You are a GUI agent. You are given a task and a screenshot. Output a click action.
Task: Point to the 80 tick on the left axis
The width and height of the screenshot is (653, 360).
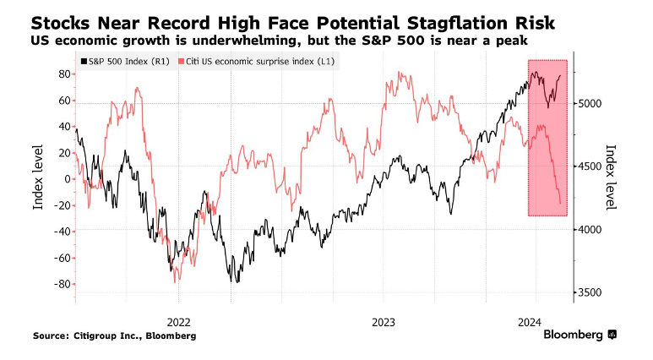coord(62,74)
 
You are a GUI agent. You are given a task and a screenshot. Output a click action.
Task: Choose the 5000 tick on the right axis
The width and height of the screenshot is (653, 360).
coord(589,103)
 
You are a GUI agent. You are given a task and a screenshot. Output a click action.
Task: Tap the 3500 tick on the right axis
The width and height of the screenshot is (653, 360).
coord(589,292)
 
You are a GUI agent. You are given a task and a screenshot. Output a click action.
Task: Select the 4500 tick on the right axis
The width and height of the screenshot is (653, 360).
coord(589,166)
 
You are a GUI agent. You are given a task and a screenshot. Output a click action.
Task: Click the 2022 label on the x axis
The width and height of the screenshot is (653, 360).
coord(179,321)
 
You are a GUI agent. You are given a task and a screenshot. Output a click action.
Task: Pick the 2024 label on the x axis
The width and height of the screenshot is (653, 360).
coord(530,321)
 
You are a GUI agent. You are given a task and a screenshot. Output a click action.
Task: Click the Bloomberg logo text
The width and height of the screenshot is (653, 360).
coord(574,335)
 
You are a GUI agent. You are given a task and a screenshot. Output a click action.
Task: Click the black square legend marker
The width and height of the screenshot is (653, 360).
coord(83,62)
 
